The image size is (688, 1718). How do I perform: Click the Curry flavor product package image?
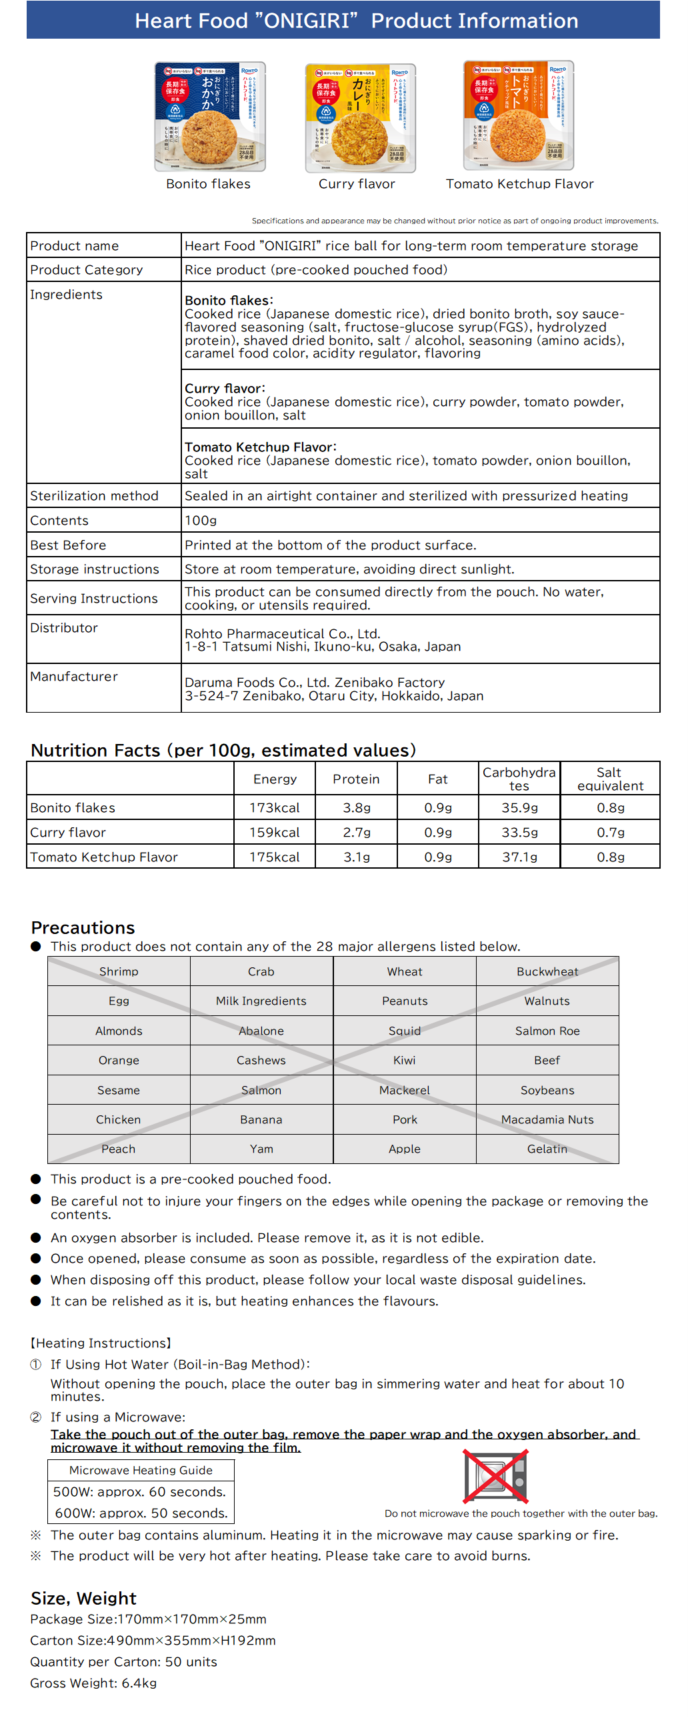(360, 118)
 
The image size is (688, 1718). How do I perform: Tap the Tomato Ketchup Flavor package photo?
(519, 116)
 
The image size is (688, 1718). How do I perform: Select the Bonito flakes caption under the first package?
(208, 184)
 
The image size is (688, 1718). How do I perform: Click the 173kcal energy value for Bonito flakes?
(274, 807)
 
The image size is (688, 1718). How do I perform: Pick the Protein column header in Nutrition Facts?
(356, 779)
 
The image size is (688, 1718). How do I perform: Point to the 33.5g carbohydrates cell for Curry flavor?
(519, 832)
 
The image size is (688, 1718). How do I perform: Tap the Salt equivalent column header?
(610, 779)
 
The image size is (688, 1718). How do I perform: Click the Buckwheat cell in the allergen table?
(547, 972)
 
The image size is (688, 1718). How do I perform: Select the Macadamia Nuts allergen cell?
(547, 1120)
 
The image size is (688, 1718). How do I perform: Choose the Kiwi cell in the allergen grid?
(404, 1061)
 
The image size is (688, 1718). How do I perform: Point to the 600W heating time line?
(141, 1513)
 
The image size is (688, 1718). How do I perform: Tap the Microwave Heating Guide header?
(141, 1471)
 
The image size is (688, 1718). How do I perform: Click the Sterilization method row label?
(94, 496)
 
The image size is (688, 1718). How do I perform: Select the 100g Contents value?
(201, 521)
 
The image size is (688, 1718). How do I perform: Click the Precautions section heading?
(83, 928)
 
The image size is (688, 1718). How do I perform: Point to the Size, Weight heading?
(83, 1598)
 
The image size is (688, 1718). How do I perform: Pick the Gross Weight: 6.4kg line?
(93, 1683)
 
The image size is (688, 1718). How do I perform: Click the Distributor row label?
(64, 628)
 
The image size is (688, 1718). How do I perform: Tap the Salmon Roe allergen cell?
(547, 1031)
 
